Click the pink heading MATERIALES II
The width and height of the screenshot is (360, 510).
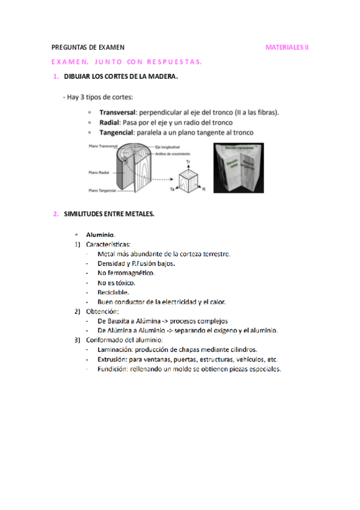tap(287, 47)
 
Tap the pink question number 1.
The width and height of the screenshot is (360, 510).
tap(55, 76)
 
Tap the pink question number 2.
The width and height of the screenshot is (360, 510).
tap(55, 214)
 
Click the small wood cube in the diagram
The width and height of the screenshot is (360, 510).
tap(190, 179)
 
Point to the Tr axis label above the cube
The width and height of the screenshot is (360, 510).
tap(188, 163)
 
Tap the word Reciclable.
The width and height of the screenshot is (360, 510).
tap(109, 292)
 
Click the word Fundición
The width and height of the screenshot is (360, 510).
tap(112, 369)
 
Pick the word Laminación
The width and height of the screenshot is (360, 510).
tap(114, 349)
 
